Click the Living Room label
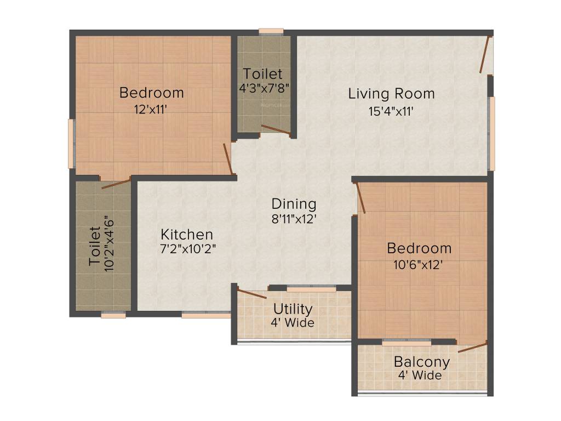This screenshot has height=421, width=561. pyautogui.click(x=391, y=93)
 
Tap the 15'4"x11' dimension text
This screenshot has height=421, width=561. pyautogui.click(x=391, y=111)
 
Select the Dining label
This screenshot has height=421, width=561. pyautogui.click(x=294, y=204)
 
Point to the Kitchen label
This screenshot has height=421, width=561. pyautogui.click(x=187, y=235)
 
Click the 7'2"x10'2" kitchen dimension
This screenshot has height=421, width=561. pyautogui.click(x=187, y=249)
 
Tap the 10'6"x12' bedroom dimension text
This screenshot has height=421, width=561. pyautogui.click(x=419, y=265)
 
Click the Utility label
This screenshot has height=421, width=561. pyautogui.click(x=293, y=309)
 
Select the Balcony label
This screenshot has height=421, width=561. pyautogui.click(x=422, y=362)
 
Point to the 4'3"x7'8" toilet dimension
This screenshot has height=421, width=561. pyautogui.click(x=264, y=87)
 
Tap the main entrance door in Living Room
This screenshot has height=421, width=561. pyautogui.click(x=484, y=55)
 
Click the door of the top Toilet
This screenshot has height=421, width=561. pyautogui.click(x=276, y=129)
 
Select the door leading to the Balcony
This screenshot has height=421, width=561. pyautogui.click(x=472, y=346)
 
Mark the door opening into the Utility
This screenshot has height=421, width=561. pyautogui.click(x=252, y=293)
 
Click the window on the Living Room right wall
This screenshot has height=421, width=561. pyautogui.click(x=492, y=133)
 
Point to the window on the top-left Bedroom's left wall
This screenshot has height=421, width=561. pyautogui.click(x=71, y=144)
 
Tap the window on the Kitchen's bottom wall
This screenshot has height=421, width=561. pyautogui.click(x=206, y=315)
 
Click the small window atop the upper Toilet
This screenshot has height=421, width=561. pyautogui.click(x=271, y=31)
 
